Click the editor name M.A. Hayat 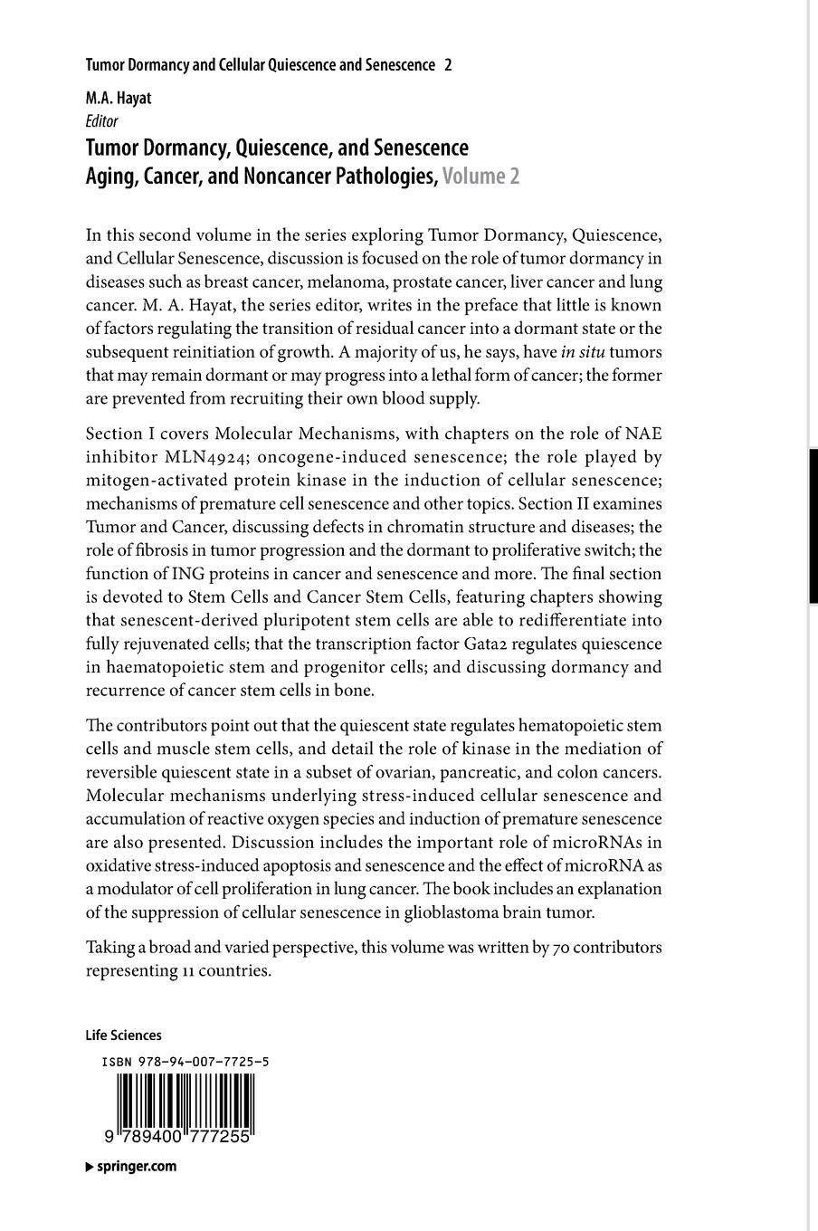click(119, 99)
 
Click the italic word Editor click(101, 121)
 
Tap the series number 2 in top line click(449, 65)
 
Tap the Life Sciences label click(123, 1035)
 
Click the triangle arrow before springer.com click(89, 1167)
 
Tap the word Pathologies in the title click(381, 176)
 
